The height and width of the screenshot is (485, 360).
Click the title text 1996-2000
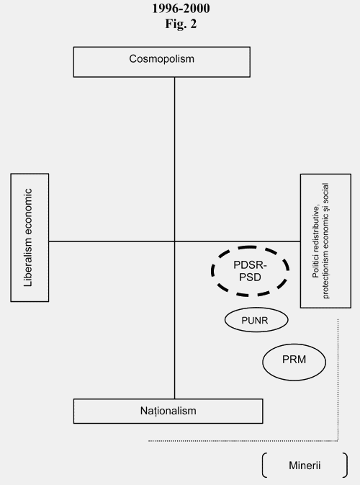(x=181, y=9)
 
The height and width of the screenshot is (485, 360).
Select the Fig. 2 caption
(x=181, y=24)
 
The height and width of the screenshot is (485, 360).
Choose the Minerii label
(x=305, y=466)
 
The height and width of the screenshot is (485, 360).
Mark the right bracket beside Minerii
(x=346, y=466)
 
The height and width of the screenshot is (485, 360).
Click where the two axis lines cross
(x=174, y=241)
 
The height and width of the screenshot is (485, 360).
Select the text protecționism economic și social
(x=325, y=241)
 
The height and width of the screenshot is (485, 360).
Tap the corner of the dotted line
(x=338, y=440)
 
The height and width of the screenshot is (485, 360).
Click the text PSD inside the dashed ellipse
(x=250, y=277)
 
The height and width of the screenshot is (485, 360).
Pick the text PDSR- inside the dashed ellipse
(x=250, y=265)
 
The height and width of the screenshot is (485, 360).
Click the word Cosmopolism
(x=161, y=59)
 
